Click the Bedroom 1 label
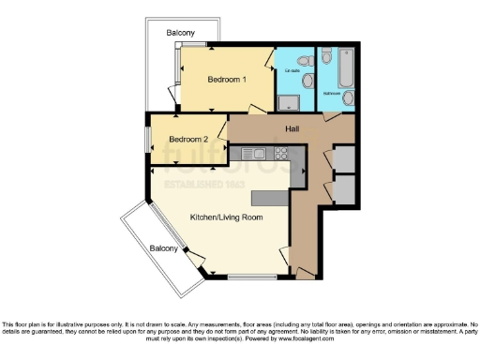[x=226, y=80]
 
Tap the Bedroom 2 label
[x=187, y=141]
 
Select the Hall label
[x=291, y=128]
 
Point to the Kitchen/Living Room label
[x=226, y=217]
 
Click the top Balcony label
[x=181, y=33]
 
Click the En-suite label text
[x=292, y=70]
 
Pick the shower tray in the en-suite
[x=288, y=99]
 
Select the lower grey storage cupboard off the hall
[x=344, y=189]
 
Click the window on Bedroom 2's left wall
[x=146, y=140]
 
